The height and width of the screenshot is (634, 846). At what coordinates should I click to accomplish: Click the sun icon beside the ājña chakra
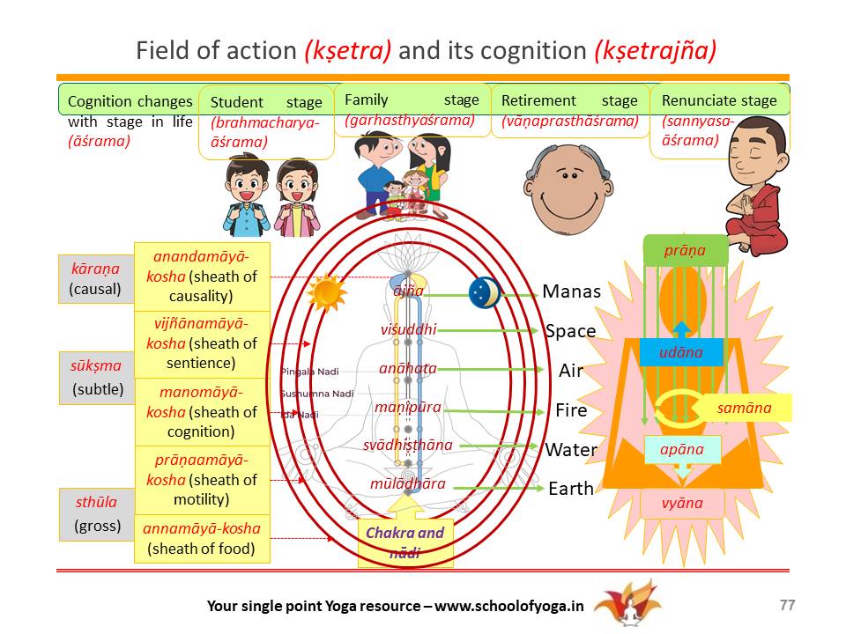(x=325, y=291)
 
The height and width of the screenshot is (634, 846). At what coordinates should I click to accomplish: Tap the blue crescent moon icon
(x=485, y=292)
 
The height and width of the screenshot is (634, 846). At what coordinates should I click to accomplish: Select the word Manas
(x=571, y=291)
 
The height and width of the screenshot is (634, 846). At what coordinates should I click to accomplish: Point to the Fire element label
(x=571, y=410)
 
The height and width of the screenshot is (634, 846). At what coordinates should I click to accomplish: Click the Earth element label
(x=571, y=489)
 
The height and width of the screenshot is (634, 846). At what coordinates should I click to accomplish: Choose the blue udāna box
(x=680, y=352)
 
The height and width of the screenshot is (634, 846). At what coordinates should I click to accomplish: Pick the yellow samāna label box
(x=745, y=408)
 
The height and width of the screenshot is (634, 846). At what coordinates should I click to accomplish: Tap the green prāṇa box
(x=685, y=250)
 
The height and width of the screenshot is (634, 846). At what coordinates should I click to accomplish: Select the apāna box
(x=682, y=449)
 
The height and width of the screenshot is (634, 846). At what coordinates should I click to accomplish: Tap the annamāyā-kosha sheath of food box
(x=202, y=539)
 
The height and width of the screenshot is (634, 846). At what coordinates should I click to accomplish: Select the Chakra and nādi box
(x=405, y=542)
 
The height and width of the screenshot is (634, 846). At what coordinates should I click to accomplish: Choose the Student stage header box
(x=266, y=122)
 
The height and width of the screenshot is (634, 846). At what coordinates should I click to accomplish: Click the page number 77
(x=787, y=605)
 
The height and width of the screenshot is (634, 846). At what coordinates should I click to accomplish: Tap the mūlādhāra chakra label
(x=408, y=483)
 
